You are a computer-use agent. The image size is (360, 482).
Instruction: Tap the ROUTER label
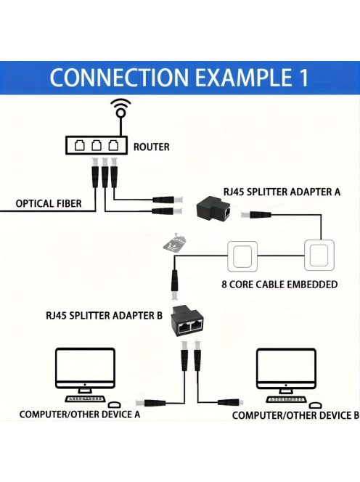click(151, 147)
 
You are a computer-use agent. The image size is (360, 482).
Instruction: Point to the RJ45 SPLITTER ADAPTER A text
click(282, 191)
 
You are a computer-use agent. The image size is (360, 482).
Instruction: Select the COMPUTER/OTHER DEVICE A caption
click(79, 414)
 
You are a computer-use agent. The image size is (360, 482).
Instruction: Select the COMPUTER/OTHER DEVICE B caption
click(295, 415)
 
